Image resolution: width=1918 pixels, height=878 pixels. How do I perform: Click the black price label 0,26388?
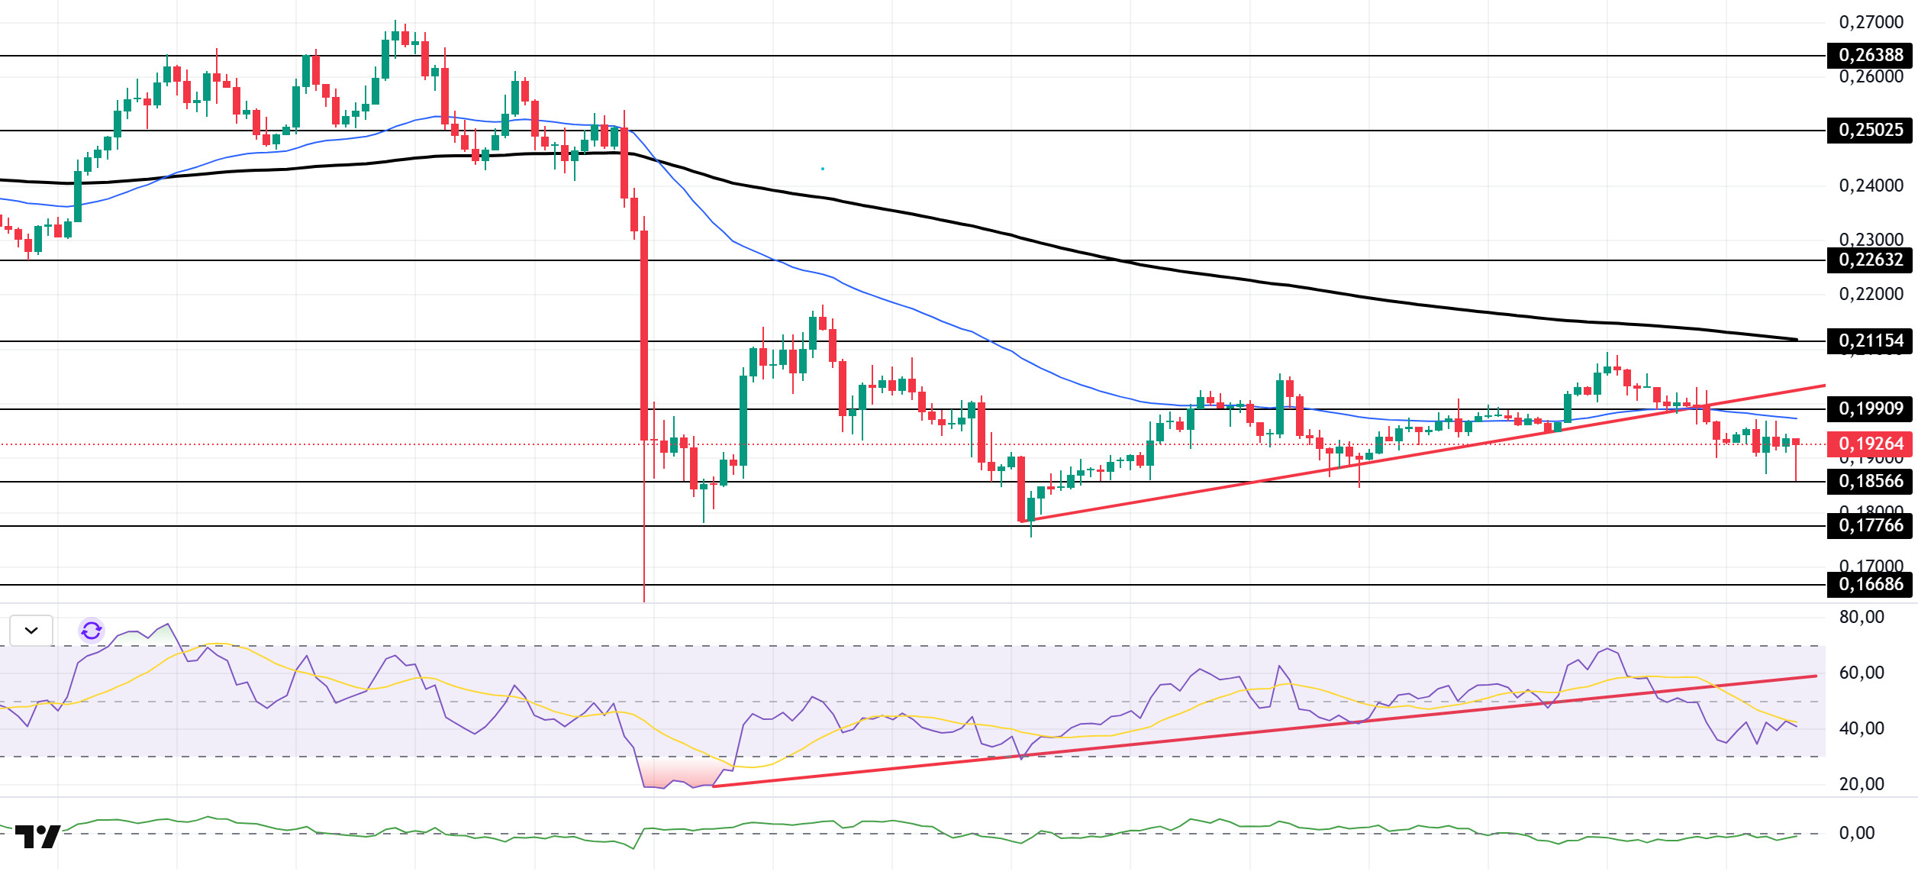pos(1870,55)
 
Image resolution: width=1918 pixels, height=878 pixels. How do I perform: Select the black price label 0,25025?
pos(1870,130)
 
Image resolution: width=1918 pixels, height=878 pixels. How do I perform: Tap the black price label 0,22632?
pos(1870,260)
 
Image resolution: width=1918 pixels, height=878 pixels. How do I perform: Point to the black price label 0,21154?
pos(1870,341)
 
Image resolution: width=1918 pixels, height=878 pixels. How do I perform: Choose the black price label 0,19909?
pos(1870,408)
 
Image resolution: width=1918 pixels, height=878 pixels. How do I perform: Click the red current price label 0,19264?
pos(1870,444)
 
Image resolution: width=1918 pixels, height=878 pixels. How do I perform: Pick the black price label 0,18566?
pos(1870,481)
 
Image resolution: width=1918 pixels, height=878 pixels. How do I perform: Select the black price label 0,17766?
pos(1870,525)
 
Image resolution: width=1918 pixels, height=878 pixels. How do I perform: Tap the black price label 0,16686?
pos(1870,585)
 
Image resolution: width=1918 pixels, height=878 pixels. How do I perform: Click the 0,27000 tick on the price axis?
pos(1871,22)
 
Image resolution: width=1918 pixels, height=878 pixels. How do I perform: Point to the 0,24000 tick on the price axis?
pos(1871,186)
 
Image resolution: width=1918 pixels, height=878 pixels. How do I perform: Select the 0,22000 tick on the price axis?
pos(1871,294)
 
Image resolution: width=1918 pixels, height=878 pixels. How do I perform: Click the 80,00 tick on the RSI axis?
pos(1862,617)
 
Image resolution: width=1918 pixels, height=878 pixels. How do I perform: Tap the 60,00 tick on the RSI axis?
pos(1862,673)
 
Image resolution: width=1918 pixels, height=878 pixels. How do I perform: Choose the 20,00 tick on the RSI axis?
pos(1862,784)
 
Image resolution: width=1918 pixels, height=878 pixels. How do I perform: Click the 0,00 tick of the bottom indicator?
pos(1856,833)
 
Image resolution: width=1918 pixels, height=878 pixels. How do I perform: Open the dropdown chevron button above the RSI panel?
pos(31,631)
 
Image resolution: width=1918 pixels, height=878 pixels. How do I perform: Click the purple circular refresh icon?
pos(92,631)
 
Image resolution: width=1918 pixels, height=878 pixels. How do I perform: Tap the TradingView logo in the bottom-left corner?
pos(37,837)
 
